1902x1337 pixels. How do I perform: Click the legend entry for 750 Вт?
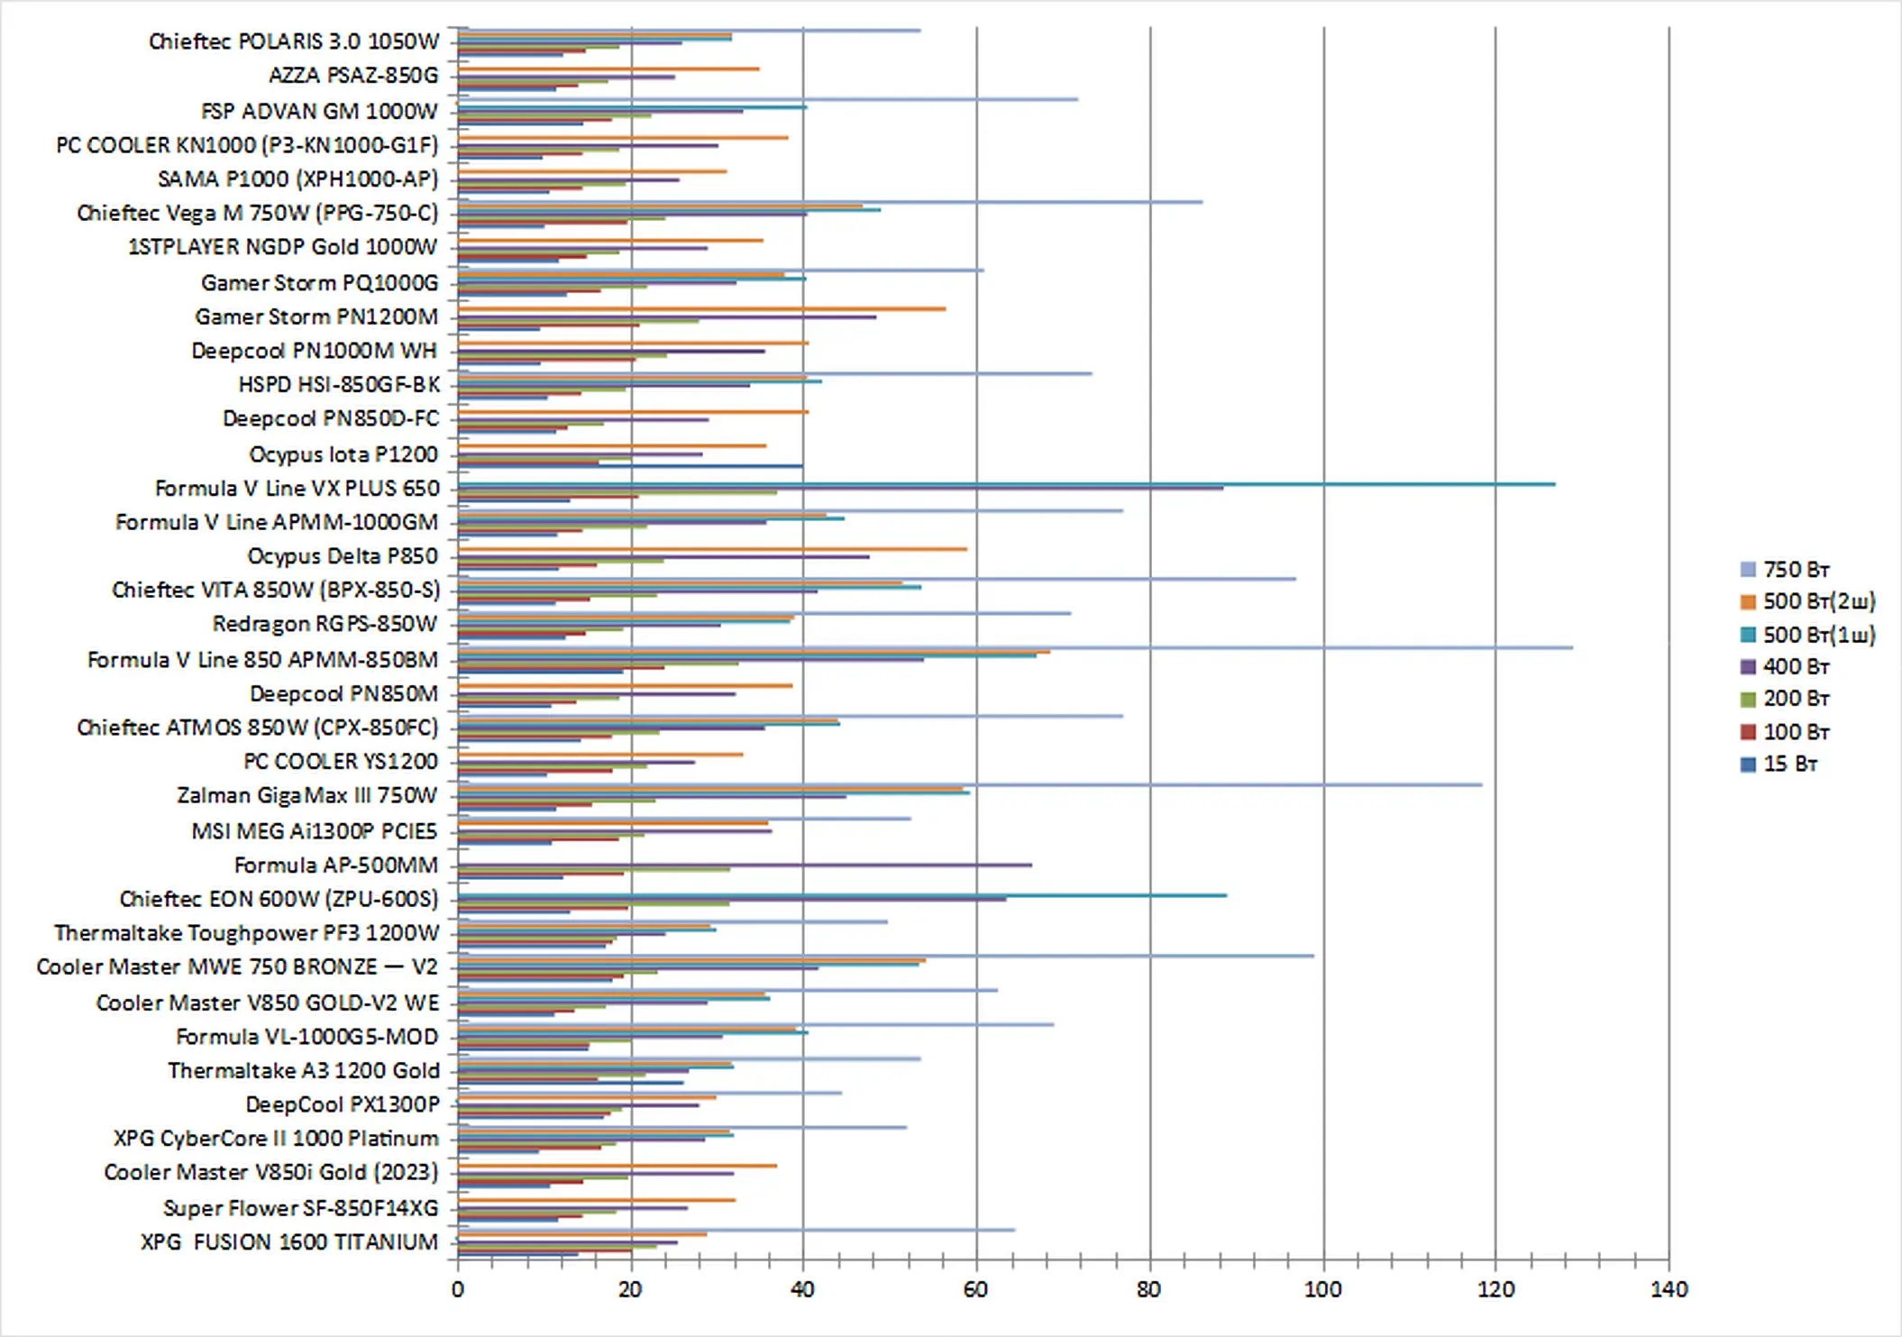coord(1795,570)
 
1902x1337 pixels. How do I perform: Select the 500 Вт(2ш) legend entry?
coord(1818,601)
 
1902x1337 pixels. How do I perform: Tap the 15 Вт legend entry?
coord(1789,764)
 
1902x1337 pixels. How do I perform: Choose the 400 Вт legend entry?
coord(1795,666)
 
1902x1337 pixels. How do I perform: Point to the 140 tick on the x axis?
coord(1669,1289)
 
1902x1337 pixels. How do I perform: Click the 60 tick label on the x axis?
coord(975,1289)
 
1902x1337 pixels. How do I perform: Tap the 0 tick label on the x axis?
coord(458,1289)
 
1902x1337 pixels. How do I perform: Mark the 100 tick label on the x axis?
coord(1322,1289)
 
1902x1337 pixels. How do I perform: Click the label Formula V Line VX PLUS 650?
coord(297,489)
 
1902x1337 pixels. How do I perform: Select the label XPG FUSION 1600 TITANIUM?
coord(288,1242)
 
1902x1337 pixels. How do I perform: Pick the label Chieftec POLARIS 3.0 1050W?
coord(293,41)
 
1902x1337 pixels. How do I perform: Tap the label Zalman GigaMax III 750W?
coord(306,795)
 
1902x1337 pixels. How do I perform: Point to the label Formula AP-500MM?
coord(335,865)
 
